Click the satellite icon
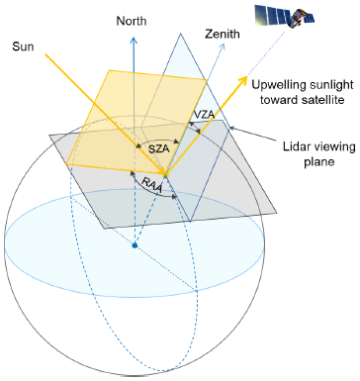click(x=285, y=16)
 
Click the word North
click(x=132, y=21)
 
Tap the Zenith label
click(x=223, y=35)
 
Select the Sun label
click(x=23, y=47)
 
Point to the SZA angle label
click(x=159, y=149)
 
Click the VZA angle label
click(x=204, y=115)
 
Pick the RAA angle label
click(x=152, y=185)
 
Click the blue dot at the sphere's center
click(x=135, y=245)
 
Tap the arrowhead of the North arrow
click(x=134, y=41)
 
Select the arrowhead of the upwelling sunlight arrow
click(x=243, y=79)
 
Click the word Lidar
click(x=295, y=146)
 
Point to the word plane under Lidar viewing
click(x=319, y=162)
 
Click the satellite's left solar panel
click(x=271, y=14)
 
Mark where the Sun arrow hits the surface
click(x=165, y=174)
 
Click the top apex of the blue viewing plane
click(x=180, y=34)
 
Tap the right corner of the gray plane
click(x=277, y=212)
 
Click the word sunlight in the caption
click(x=331, y=85)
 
